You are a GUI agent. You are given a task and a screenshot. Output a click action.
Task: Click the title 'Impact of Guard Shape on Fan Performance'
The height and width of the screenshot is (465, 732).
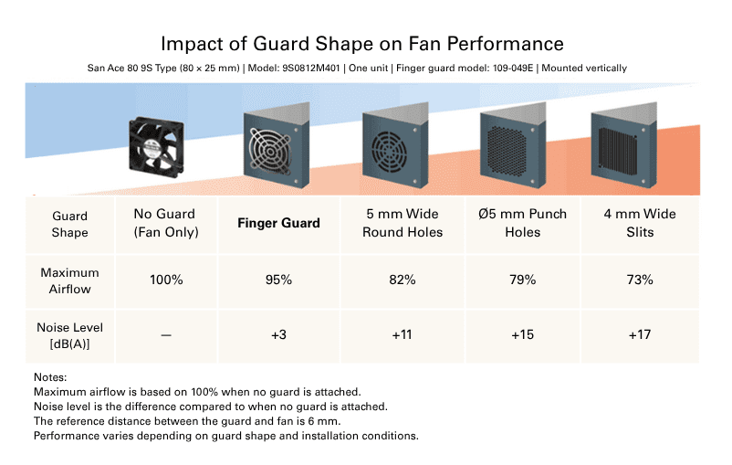click(x=362, y=43)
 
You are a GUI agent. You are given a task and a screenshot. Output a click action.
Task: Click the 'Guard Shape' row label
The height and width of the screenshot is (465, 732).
click(x=70, y=224)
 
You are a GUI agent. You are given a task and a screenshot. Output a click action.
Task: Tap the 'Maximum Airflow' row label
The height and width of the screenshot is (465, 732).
click(x=70, y=280)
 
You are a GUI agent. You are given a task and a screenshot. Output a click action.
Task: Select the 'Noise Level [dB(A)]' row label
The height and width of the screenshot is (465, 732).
click(x=70, y=334)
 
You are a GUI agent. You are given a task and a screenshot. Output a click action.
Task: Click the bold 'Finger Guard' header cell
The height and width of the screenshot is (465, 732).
click(x=279, y=223)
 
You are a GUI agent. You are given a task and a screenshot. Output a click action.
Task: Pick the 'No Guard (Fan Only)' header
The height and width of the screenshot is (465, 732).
click(x=166, y=223)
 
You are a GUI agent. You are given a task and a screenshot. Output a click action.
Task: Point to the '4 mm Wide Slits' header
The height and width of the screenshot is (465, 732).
click(x=640, y=223)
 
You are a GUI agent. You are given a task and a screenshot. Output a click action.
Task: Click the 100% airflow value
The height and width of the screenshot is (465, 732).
click(x=166, y=280)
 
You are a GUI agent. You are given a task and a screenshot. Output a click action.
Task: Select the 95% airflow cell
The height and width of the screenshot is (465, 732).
click(x=279, y=280)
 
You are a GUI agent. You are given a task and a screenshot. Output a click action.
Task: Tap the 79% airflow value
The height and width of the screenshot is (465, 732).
click(x=523, y=280)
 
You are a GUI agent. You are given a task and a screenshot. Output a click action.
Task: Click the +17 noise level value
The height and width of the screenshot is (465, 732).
click(x=640, y=335)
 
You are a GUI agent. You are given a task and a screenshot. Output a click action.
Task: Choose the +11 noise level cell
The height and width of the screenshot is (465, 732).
click(x=403, y=335)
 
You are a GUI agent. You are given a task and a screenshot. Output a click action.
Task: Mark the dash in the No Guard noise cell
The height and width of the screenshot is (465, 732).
click(x=166, y=335)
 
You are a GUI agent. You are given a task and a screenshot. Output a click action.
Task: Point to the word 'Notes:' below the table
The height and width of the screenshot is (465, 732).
click(x=51, y=377)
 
